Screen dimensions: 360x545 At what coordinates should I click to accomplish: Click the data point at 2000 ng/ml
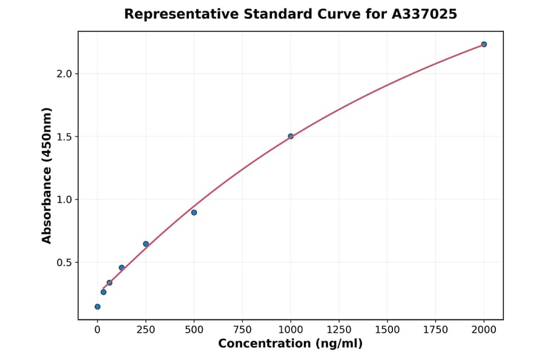tap(484, 44)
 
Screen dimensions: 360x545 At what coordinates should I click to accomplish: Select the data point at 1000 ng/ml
tap(291, 136)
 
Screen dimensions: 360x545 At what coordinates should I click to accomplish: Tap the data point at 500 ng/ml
tap(194, 212)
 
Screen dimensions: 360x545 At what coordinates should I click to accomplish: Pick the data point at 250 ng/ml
tap(146, 244)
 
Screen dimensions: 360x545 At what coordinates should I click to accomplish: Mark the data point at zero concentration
tap(97, 307)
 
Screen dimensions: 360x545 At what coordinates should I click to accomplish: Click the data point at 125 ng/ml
tap(122, 267)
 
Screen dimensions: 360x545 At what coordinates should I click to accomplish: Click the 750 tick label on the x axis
tap(242, 330)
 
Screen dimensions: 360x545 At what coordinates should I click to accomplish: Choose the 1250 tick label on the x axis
tap(339, 330)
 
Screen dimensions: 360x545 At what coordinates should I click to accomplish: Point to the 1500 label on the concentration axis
tap(388, 330)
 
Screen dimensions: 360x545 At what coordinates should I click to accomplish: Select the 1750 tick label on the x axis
tap(436, 330)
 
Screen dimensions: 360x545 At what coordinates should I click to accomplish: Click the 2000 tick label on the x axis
tap(484, 330)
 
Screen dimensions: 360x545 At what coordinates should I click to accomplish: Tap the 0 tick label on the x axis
tap(97, 330)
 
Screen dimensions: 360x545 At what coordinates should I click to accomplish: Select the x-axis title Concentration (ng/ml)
tap(291, 344)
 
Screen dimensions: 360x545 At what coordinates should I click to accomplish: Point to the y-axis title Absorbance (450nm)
tap(47, 175)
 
